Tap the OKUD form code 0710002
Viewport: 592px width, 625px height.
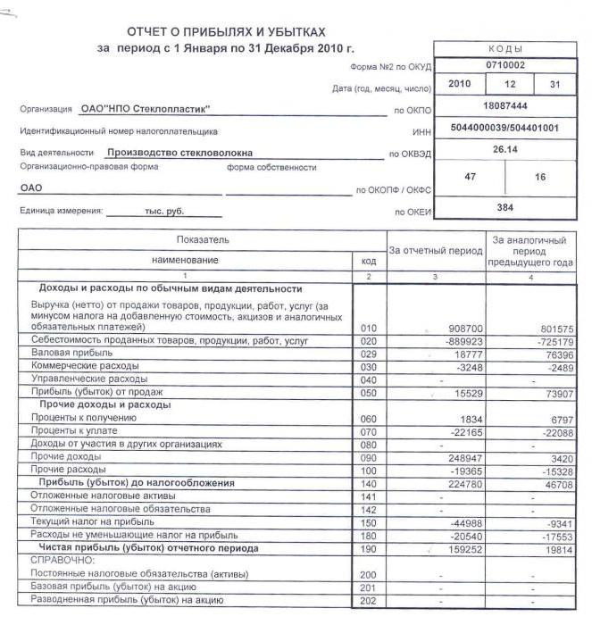(x=505, y=66)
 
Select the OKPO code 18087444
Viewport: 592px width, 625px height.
(x=505, y=106)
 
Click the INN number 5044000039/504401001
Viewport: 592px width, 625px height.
(x=505, y=128)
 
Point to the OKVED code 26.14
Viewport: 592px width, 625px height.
(x=505, y=149)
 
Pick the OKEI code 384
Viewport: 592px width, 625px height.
(x=505, y=207)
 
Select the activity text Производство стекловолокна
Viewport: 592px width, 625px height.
(x=179, y=153)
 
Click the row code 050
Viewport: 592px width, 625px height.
(x=369, y=393)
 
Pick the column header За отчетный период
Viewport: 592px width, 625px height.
(x=435, y=252)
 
